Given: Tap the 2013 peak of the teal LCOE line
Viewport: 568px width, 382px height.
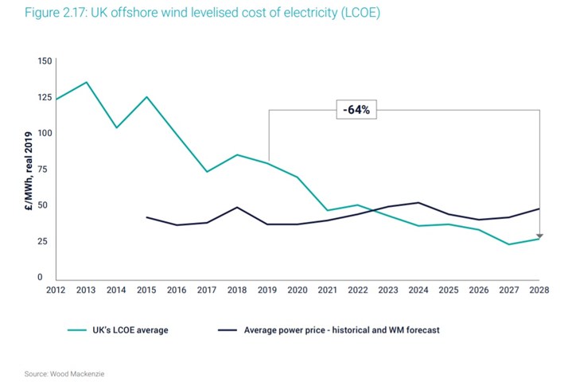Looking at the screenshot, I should pyautogui.click(x=87, y=82).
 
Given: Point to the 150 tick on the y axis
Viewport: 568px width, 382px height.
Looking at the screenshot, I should pyautogui.click(x=45, y=61).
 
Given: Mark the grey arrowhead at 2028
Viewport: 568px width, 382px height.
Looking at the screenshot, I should pyautogui.click(x=539, y=236).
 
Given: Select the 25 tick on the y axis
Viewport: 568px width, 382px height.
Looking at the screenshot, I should pyautogui.click(x=46, y=241).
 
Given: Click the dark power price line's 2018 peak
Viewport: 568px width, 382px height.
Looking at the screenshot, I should pyautogui.click(x=236, y=207).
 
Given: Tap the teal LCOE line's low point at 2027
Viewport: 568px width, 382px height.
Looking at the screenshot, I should pyautogui.click(x=510, y=244).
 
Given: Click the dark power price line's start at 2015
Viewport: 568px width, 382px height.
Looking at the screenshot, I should pyautogui.click(x=146, y=216).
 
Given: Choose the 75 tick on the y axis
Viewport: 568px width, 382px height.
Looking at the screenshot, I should pyautogui.click(x=46, y=170).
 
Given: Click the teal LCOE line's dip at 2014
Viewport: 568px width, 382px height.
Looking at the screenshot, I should pyautogui.click(x=116, y=127).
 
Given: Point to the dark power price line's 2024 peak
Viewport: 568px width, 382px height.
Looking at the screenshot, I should pyautogui.click(x=418, y=202).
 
